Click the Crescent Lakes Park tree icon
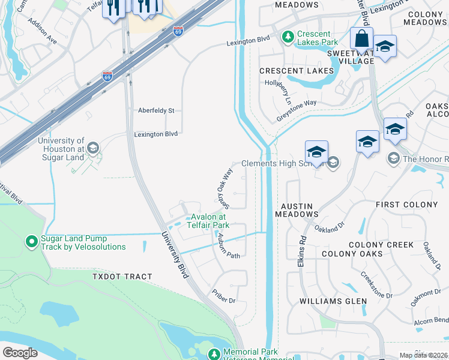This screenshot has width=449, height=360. [289, 37]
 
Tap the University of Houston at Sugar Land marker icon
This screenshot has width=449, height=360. [92, 148]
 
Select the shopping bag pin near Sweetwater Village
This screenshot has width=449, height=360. [361, 39]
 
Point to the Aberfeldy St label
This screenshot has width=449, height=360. [155, 111]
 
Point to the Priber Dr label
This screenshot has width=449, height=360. [223, 296]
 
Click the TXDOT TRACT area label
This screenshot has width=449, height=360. [122, 277]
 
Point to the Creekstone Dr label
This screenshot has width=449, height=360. [376, 285]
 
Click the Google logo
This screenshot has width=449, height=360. [20, 353]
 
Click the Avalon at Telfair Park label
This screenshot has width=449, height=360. [208, 221]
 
